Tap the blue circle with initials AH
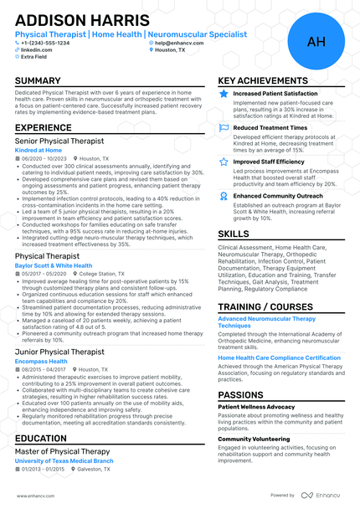316,41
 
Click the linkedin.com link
37,49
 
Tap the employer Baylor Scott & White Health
54,265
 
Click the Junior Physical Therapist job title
59,352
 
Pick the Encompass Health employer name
41,361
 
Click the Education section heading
41,438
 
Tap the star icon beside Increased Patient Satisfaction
224,94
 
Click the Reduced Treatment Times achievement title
270,127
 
